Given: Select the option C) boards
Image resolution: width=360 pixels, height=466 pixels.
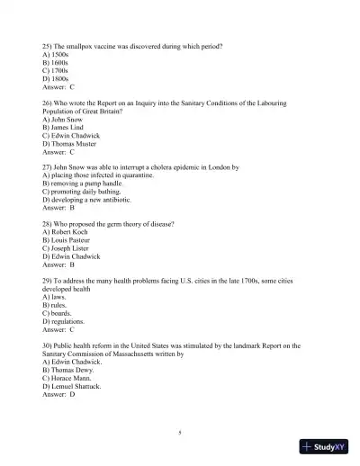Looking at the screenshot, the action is (58, 312).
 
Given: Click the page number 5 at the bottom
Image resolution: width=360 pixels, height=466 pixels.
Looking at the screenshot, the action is (180, 433).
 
